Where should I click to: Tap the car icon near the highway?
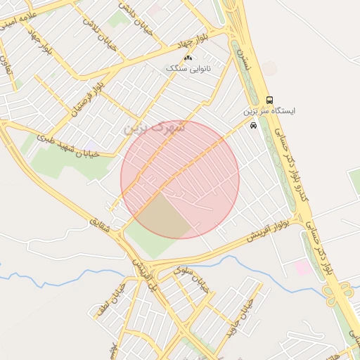pyautogui.click(x=253, y=125)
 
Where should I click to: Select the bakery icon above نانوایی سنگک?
pyautogui.click(x=187, y=58)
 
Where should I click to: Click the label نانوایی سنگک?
pyautogui.click(x=188, y=68)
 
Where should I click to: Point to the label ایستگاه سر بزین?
pyautogui.click(x=270, y=112)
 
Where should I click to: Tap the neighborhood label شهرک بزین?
pyautogui.click(x=155, y=128)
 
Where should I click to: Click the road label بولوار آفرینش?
pyautogui.click(x=268, y=226)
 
